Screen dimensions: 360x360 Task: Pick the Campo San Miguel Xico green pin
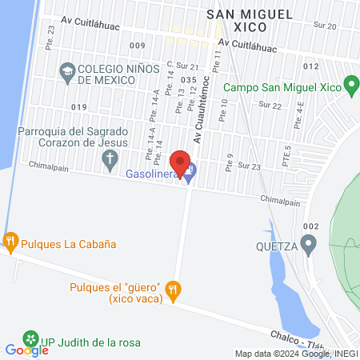350,84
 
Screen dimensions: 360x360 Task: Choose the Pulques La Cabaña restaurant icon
10,240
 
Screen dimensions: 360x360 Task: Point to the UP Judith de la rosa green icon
30,338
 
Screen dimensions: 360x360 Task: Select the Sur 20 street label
326,26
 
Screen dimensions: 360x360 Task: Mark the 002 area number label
311,226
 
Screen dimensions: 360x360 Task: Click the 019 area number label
78,106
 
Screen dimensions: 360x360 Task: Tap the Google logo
26,350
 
